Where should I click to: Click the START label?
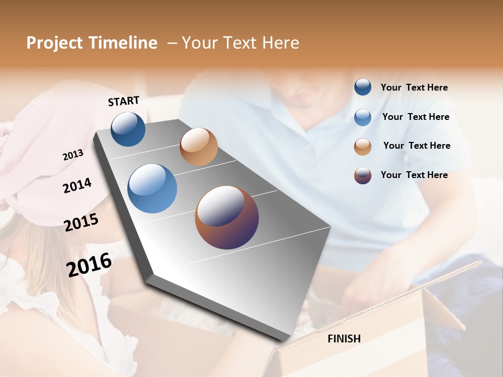point(124,101)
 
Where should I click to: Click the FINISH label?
point(344,339)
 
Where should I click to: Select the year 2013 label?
point(73,154)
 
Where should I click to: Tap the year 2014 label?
point(77,185)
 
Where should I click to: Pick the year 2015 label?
point(81,223)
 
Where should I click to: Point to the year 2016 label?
point(89,264)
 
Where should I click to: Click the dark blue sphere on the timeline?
point(128,129)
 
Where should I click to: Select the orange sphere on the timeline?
point(199,147)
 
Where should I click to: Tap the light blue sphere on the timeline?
point(152,188)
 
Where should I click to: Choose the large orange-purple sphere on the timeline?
point(227,217)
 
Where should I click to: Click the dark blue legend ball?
point(363,87)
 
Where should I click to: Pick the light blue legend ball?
point(363,117)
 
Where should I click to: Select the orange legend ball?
point(363,147)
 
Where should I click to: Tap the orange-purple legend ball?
point(363,175)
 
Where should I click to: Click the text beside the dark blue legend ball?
point(414,88)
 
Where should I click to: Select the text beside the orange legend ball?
point(417,146)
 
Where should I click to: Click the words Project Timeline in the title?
point(92,43)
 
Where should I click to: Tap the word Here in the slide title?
point(280,43)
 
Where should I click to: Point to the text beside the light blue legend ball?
point(415,117)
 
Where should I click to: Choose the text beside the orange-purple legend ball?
point(414,175)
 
